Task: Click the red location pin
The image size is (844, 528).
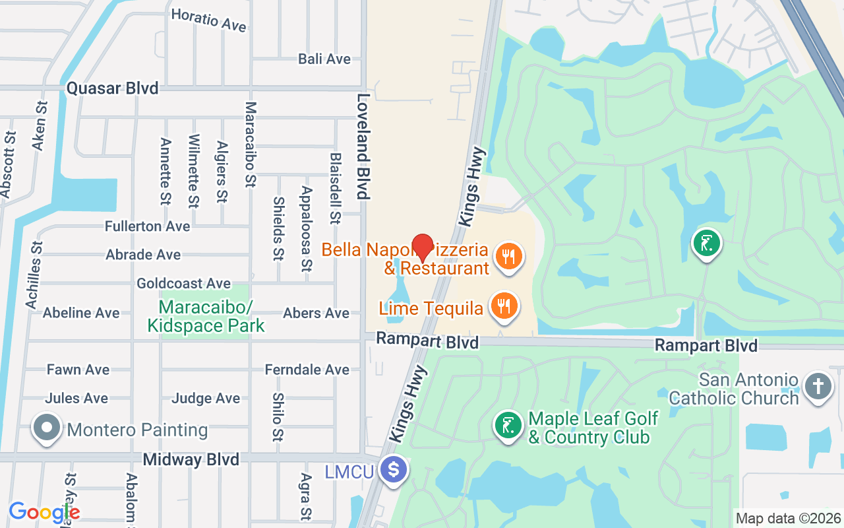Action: coord(422,247)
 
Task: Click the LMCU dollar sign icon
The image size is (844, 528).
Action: coord(394,471)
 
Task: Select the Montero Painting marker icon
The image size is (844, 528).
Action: coord(47,429)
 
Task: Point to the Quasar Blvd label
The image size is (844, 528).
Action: coord(112,88)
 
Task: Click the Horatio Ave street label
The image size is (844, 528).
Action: coord(208,20)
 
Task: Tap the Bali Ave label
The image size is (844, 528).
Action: coord(324,59)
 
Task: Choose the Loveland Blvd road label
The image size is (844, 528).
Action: coord(362,146)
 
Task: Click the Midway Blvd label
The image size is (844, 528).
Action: coord(191,459)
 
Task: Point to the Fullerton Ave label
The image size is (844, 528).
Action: coord(147,226)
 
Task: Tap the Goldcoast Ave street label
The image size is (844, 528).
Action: coord(183,283)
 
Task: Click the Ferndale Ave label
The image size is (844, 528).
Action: coord(307,370)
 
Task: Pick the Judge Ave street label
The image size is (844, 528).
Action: coord(206,398)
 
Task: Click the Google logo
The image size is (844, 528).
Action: coord(44,512)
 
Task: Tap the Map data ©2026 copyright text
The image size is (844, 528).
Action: coord(788,518)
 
